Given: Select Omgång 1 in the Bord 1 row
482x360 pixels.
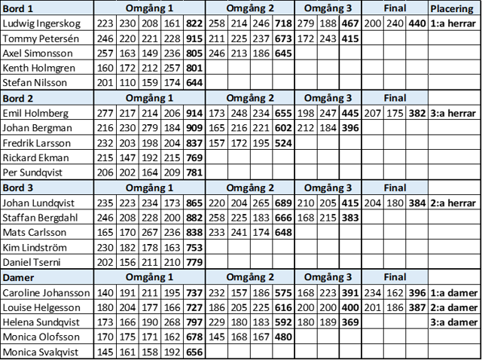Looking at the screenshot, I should (x=149, y=8).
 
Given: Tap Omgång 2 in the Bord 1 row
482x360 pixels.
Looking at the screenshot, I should (x=249, y=8).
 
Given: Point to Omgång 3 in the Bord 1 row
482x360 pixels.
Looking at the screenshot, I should (x=328, y=8).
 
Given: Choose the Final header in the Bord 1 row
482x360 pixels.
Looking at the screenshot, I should (x=395, y=8).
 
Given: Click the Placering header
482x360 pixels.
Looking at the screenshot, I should (x=452, y=9).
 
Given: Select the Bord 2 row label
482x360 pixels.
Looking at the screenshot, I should (x=18, y=98).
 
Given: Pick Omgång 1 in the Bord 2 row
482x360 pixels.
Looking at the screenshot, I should (x=149, y=98).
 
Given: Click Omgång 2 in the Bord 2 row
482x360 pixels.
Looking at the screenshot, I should (x=249, y=98).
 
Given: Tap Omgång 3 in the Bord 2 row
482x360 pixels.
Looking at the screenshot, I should (x=328, y=98).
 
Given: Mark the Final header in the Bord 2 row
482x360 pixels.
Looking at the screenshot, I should (x=395, y=98).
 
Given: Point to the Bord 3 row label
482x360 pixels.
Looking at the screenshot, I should (x=18, y=188).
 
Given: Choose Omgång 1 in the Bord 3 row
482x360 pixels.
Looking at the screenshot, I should (x=149, y=188).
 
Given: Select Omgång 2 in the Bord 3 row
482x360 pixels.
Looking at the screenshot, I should (x=249, y=188).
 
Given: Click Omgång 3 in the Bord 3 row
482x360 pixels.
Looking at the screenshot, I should (x=328, y=188).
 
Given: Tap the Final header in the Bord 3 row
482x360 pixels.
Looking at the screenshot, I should (x=395, y=188).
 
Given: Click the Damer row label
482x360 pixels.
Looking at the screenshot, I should (x=18, y=277).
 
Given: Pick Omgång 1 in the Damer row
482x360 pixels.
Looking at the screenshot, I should (x=149, y=277).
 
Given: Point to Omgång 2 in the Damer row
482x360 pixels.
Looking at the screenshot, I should (x=249, y=277).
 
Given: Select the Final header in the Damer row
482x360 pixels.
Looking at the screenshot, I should (x=395, y=277).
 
